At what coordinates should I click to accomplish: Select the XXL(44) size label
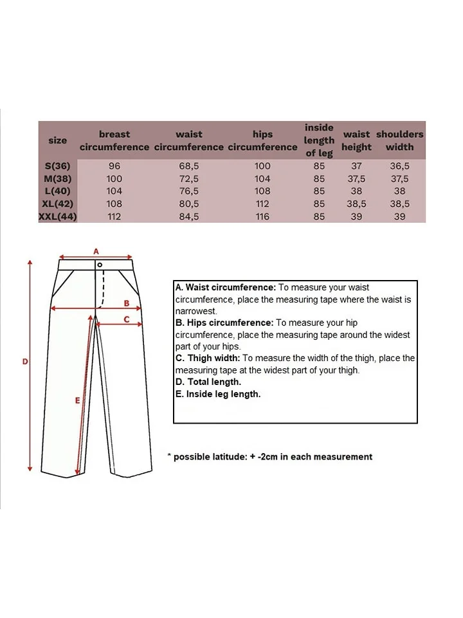[x=58, y=217]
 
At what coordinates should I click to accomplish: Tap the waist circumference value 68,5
[x=189, y=165]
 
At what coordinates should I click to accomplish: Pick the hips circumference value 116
[x=262, y=217]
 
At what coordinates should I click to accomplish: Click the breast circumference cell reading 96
[x=114, y=165]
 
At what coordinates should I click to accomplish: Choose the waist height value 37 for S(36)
[x=356, y=165]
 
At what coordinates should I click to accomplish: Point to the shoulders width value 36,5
[x=399, y=165]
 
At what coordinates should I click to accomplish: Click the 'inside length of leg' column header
[x=319, y=140]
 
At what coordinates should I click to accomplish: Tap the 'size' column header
[x=57, y=140]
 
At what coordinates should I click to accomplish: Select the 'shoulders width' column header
[x=399, y=140]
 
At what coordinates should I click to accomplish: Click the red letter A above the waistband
[x=96, y=250]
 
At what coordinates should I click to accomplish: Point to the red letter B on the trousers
[x=127, y=303]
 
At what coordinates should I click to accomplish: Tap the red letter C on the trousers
[x=127, y=319]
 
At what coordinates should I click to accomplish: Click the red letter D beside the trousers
[x=25, y=362]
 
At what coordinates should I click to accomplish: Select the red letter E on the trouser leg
[x=77, y=400]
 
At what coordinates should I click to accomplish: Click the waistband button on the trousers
[x=100, y=265]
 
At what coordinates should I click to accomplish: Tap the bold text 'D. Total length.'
[x=208, y=382]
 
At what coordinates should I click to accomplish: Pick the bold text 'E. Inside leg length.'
[x=218, y=394]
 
